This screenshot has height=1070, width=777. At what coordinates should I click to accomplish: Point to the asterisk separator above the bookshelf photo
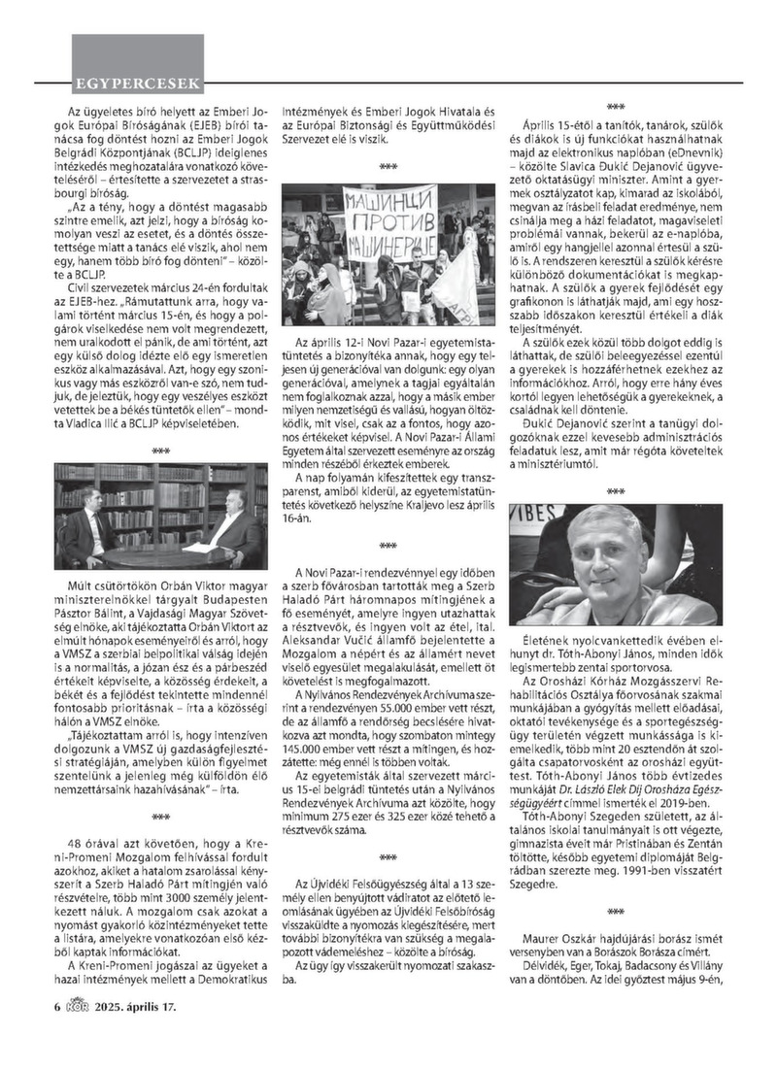[161, 451]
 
